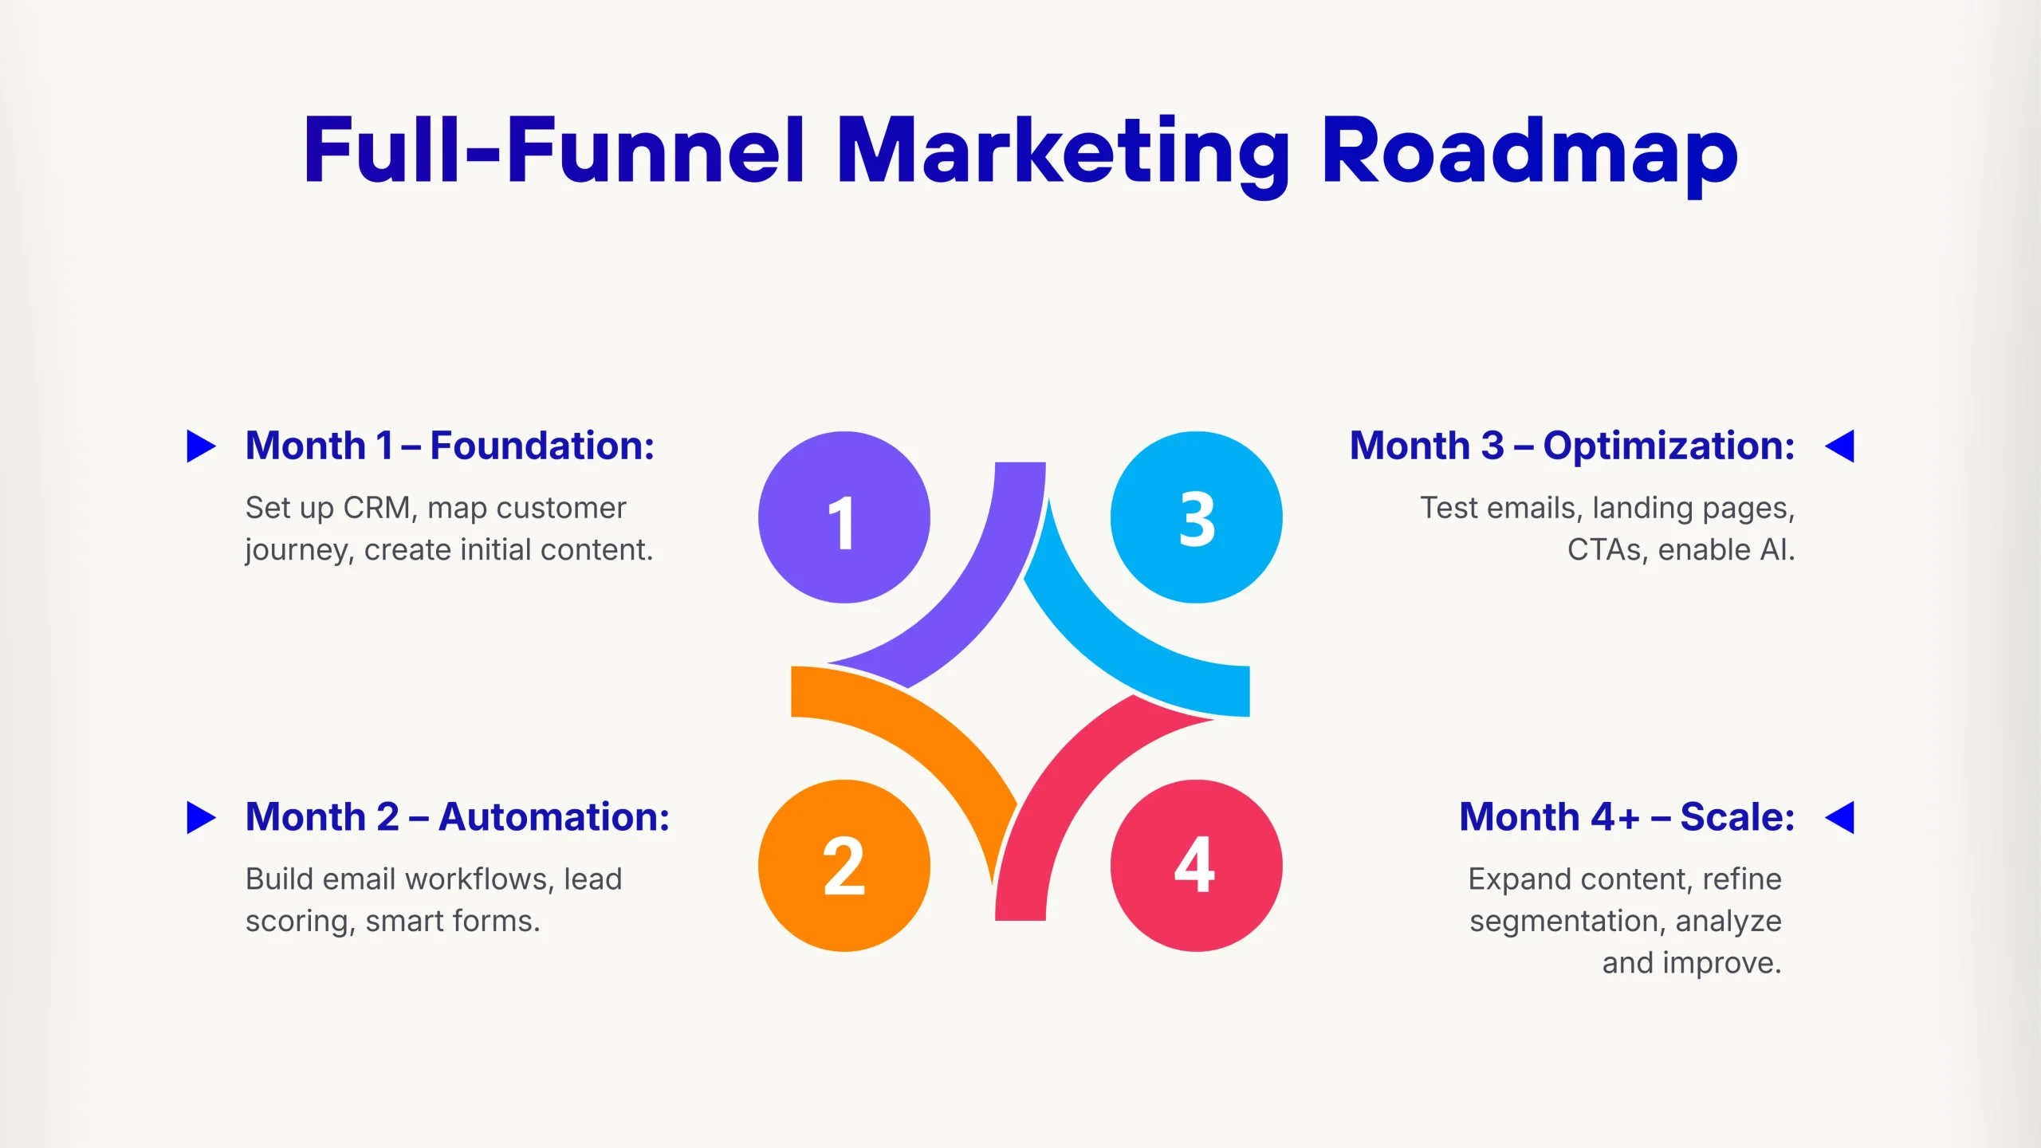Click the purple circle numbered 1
[844, 517]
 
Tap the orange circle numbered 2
[844, 865]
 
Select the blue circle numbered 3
[1196, 517]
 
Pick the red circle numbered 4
[1196, 865]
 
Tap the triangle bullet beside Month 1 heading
[201, 446]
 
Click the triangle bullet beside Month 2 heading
[201, 817]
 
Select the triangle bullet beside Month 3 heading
[1840, 446]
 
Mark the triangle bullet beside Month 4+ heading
[1840, 817]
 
